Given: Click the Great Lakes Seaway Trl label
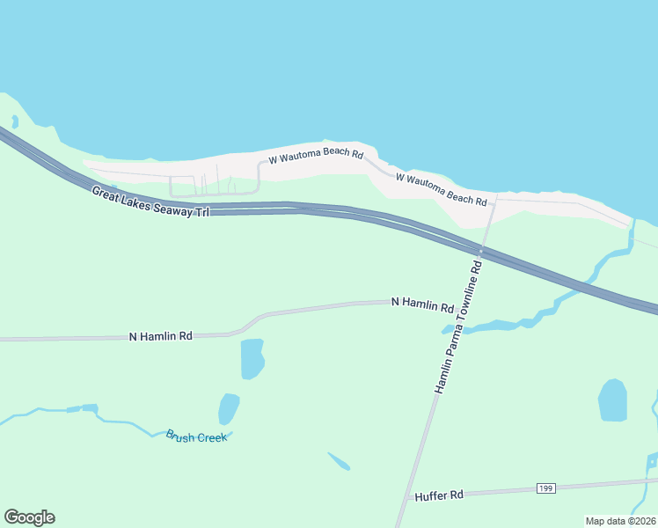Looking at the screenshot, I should (x=150, y=202).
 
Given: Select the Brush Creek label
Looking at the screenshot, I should (x=196, y=436).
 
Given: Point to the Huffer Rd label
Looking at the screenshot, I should (x=438, y=495).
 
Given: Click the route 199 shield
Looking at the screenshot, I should (x=547, y=488).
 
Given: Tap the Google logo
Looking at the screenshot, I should (x=29, y=517).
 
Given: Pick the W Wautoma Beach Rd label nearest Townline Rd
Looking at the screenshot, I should (x=441, y=189).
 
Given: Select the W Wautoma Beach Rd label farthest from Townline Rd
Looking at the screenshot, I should (x=315, y=156).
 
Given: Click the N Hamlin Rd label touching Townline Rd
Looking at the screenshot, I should (x=422, y=304).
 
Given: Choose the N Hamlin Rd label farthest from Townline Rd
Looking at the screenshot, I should (x=160, y=336).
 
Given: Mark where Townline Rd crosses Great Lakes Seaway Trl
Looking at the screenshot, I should (x=480, y=253).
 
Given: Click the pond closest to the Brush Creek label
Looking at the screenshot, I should (x=229, y=408).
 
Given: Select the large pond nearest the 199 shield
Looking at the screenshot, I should (x=612, y=400).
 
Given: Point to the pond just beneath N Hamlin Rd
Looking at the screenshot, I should (x=252, y=357).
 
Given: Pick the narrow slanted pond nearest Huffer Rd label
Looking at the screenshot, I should (x=339, y=460).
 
